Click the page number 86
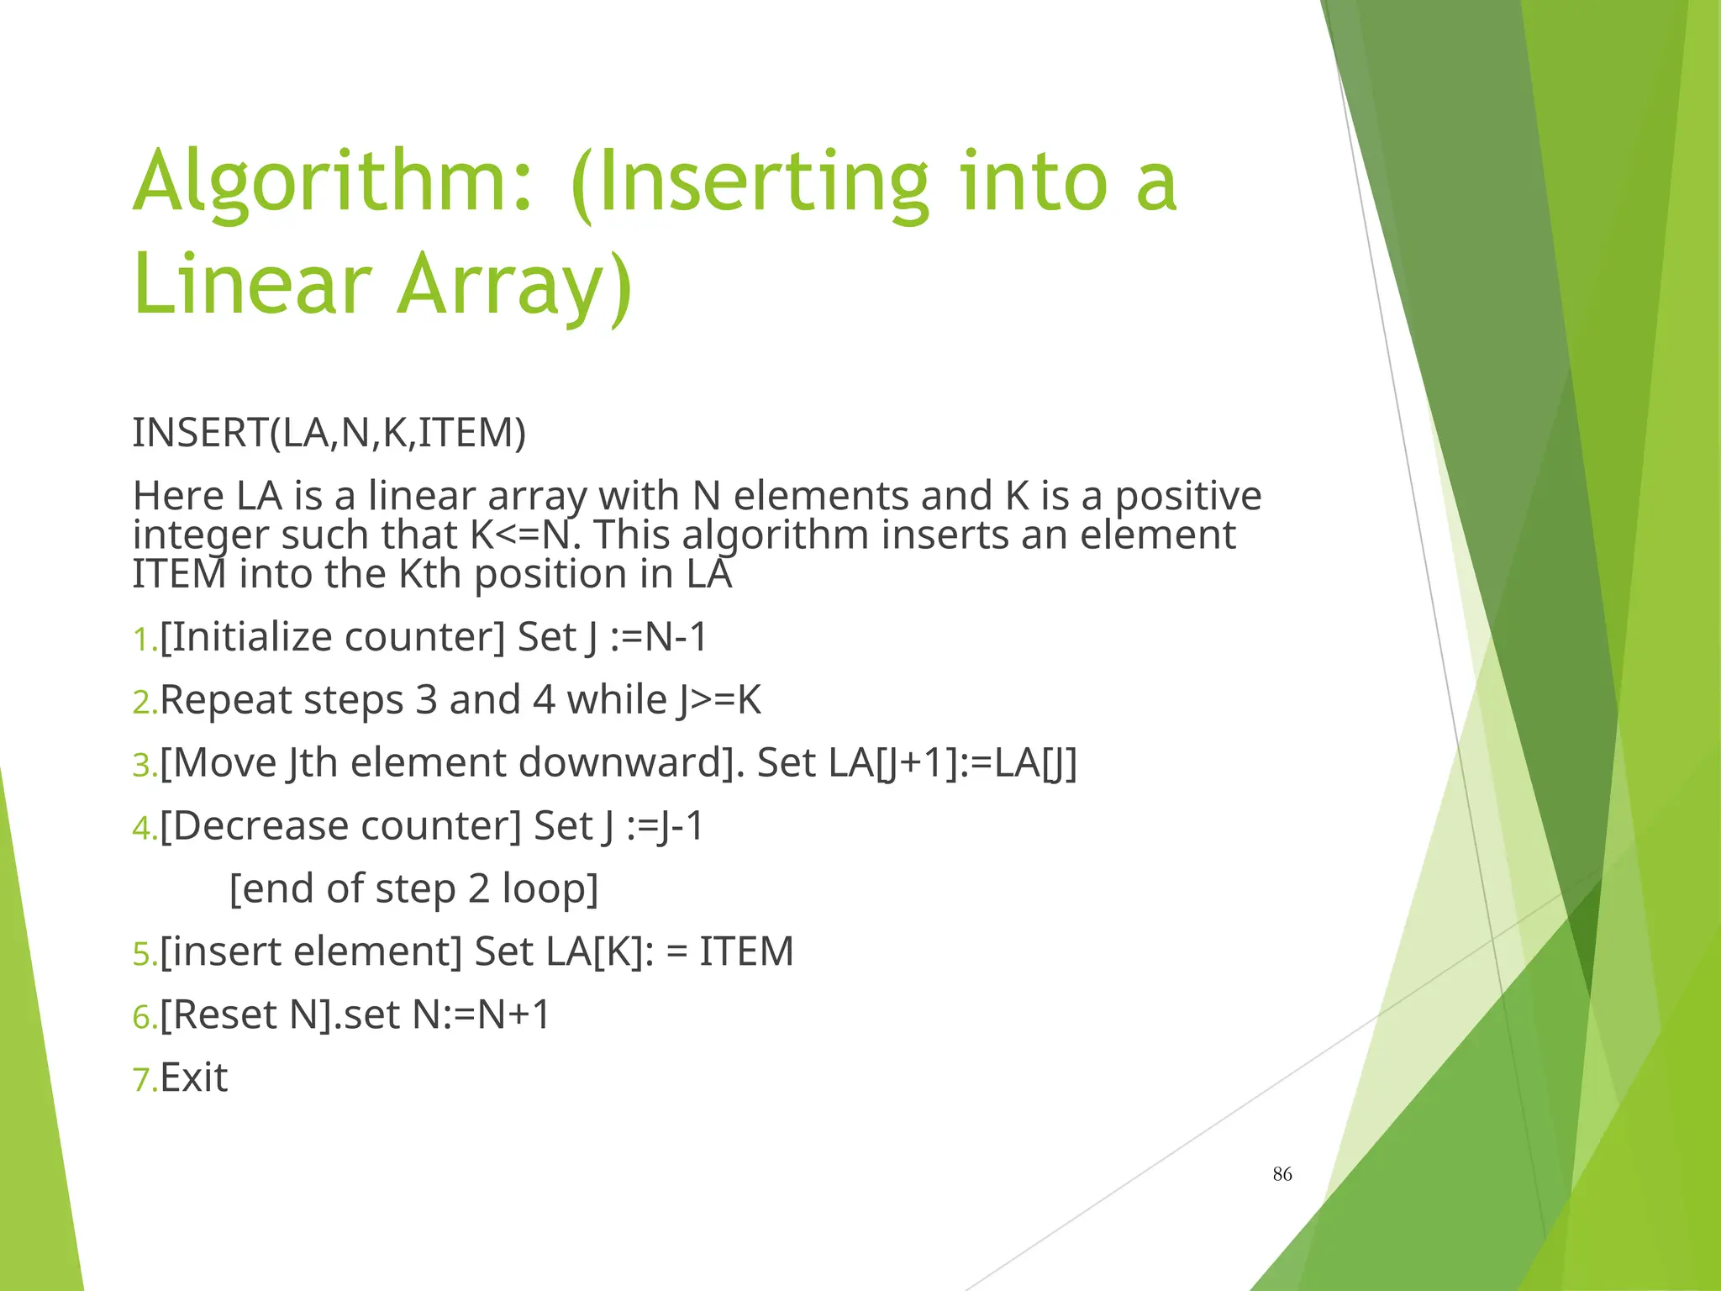click(1282, 1174)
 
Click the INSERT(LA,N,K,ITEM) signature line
click(329, 433)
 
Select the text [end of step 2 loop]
click(413, 889)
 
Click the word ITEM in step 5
click(746, 952)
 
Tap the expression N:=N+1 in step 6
click(481, 1015)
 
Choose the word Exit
click(193, 1078)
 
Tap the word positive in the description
click(1187, 496)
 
